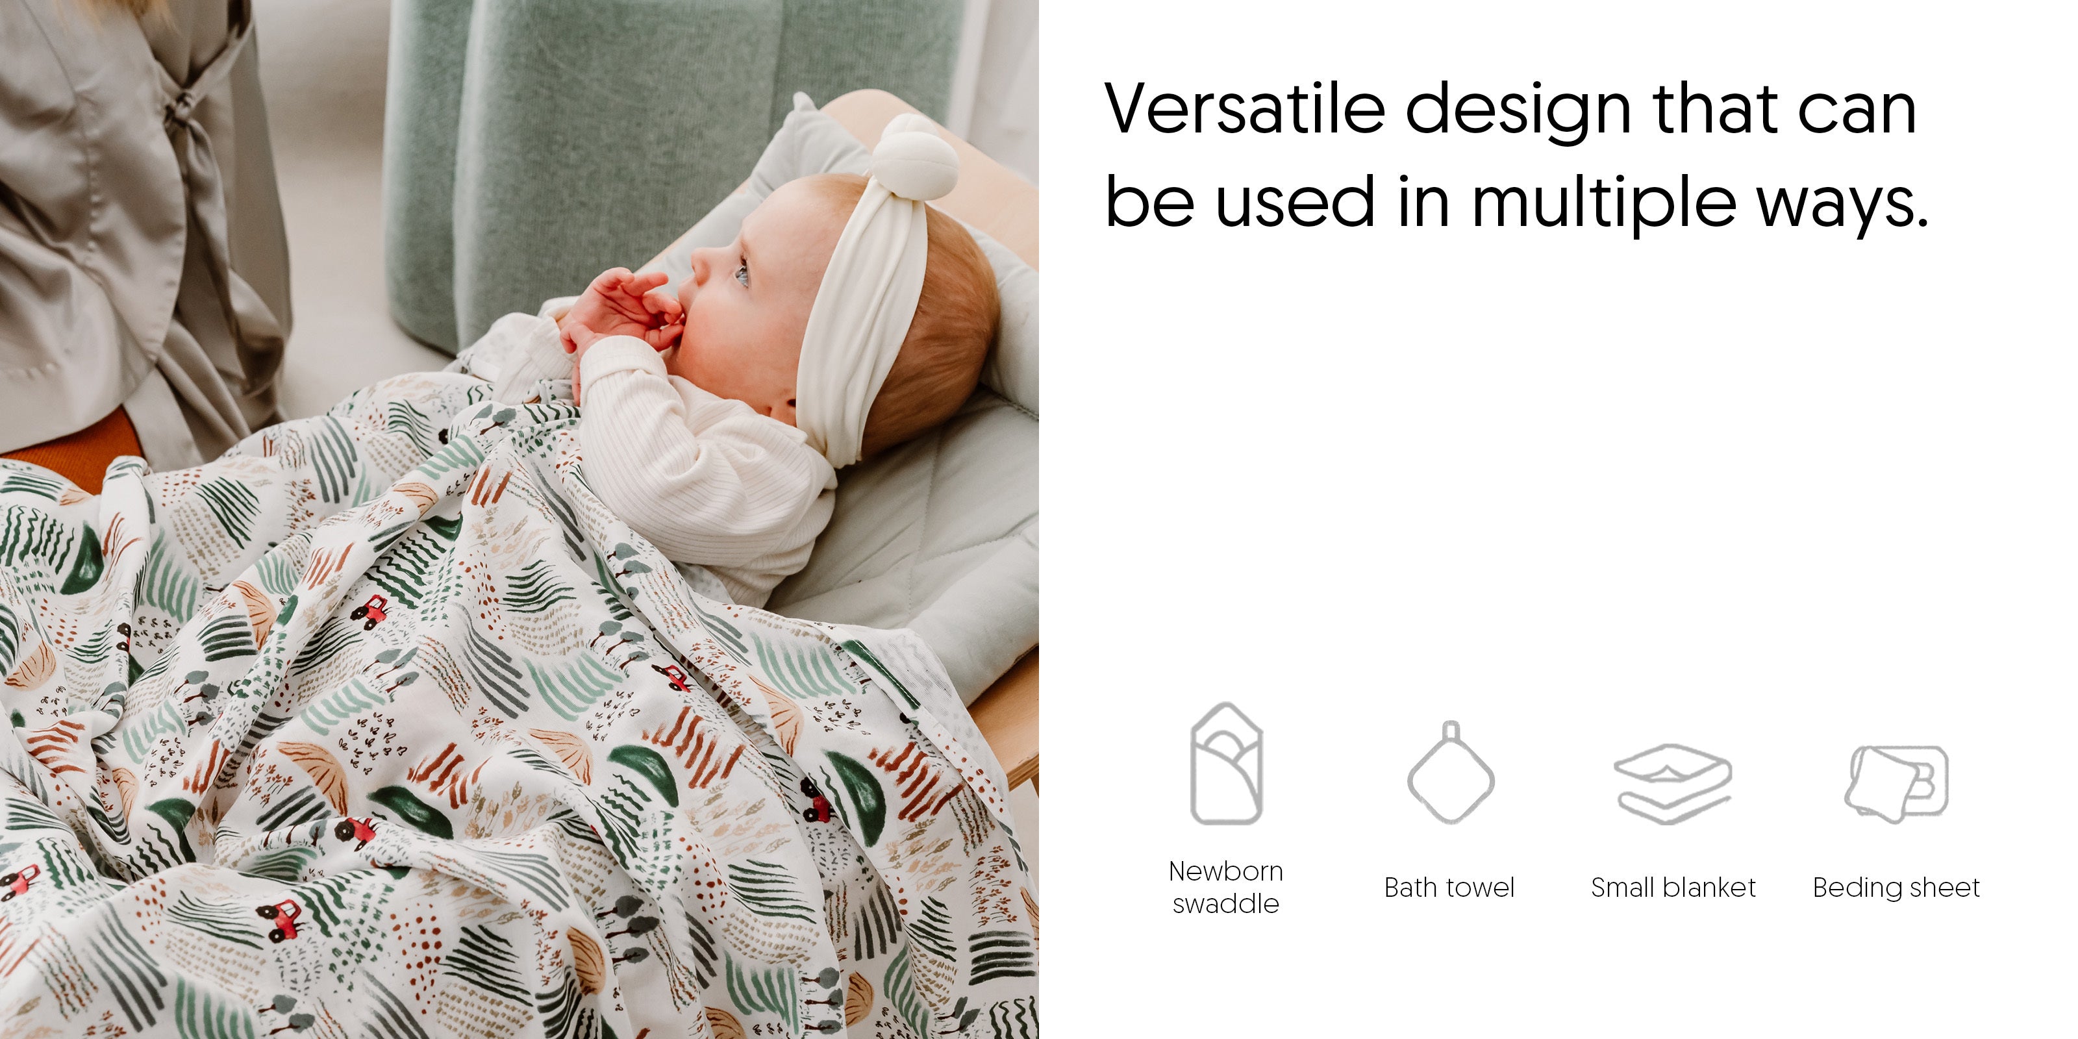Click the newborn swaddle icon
pyautogui.click(x=1227, y=763)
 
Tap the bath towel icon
pyautogui.click(x=1451, y=772)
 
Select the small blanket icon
pyautogui.click(x=1673, y=783)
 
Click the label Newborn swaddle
pyautogui.click(x=1226, y=887)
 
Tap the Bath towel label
pyautogui.click(x=1449, y=887)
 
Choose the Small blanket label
pyautogui.click(x=1673, y=887)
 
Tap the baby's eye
pyautogui.click(x=742, y=275)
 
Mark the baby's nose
pyautogui.click(x=699, y=263)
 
